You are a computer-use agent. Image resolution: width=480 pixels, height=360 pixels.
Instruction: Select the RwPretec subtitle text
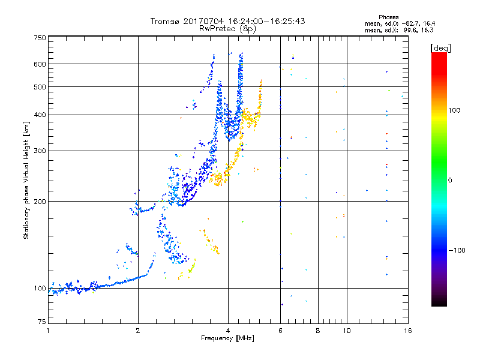[x=218, y=28]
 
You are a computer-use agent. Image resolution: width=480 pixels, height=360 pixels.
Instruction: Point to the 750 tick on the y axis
[x=40, y=38]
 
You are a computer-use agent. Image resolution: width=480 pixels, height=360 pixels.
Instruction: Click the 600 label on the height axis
[x=40, y=64]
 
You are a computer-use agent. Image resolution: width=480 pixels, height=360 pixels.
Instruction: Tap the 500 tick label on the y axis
[x=40, y=86]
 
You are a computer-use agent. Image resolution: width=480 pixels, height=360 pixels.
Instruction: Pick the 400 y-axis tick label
[x=40, y=115]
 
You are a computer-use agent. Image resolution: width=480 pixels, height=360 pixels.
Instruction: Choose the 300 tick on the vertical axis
[x=40, y=151]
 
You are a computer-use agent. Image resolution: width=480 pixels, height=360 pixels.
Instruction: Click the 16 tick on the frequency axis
[x=407, y=331]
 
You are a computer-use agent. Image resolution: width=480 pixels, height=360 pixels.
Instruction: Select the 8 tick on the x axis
[x=318, y=331]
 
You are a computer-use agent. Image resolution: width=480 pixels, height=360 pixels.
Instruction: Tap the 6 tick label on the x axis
[x=280, y=331]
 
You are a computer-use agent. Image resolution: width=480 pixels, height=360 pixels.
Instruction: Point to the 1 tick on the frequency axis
[x=48, y=331]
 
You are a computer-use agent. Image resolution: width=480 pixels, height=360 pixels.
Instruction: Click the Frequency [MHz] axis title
[x=227, y=338]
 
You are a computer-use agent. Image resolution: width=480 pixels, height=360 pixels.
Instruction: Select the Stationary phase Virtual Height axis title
[x=26, y=179]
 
